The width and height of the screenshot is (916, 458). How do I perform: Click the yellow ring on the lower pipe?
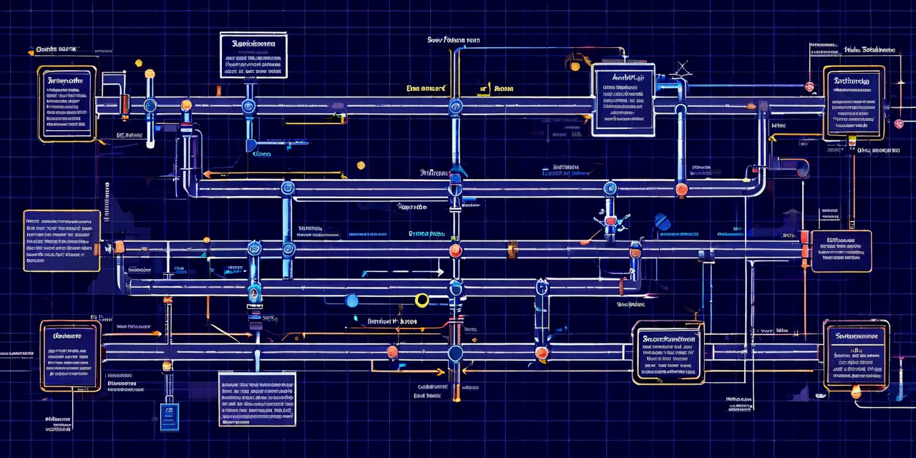422,300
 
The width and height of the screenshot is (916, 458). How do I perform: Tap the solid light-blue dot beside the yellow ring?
352,301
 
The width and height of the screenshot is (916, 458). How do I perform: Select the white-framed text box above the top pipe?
253,55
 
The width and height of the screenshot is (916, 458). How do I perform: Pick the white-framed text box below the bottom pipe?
257,399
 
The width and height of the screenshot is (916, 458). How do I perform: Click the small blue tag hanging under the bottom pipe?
169,416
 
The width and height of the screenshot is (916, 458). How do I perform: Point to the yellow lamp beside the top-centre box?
575,66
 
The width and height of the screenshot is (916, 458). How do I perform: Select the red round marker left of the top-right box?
809,87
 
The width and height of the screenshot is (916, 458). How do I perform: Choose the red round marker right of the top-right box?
899,123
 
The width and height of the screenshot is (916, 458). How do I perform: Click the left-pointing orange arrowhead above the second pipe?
206,174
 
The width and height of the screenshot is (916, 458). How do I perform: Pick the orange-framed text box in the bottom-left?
70,356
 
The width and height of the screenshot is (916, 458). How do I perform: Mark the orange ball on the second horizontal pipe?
681,190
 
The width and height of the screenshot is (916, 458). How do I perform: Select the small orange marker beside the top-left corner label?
31,52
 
